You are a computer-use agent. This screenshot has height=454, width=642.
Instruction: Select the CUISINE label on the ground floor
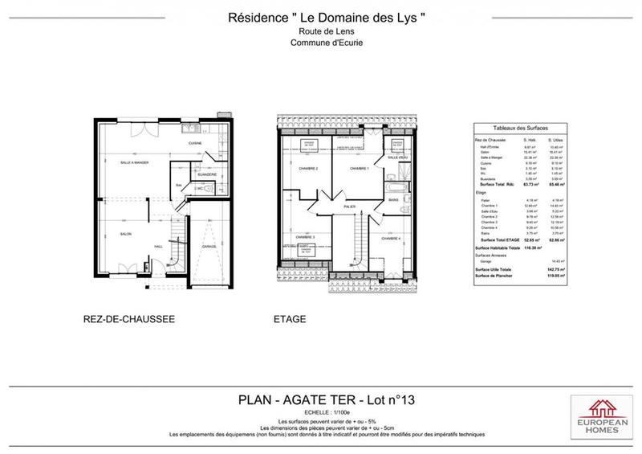194,144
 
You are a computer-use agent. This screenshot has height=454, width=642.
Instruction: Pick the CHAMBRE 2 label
309,169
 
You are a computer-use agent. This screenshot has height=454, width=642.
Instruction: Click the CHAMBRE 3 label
303,238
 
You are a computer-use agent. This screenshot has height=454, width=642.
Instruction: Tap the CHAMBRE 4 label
390,239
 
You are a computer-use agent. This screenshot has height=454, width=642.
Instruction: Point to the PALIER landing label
350,206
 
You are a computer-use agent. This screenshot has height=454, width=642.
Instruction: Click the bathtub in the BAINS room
394,190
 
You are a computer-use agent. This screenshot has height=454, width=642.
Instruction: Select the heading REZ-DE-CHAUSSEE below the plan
128,319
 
